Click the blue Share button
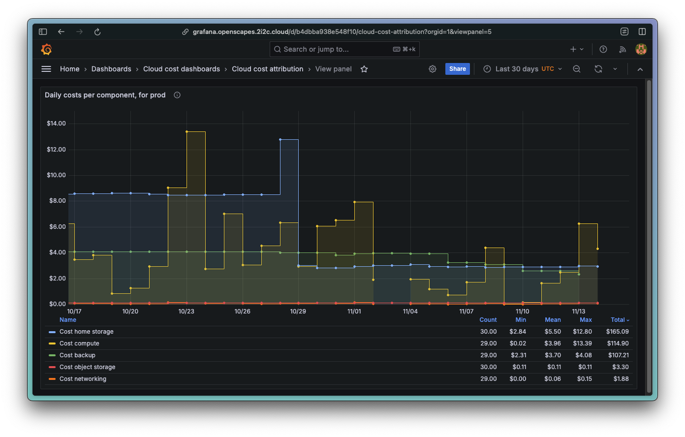coord(457,69)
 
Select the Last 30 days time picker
coord(522,69)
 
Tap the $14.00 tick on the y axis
coord(56,124)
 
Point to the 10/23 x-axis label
coord(186,312)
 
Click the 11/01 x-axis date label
coord(354,312)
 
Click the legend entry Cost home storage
coord(86,332)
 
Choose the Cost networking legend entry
coord(83,379)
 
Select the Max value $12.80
coord(582,332)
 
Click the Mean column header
coord(553,320)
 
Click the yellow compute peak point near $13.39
coord(187,131)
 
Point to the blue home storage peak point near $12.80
coord(280,139)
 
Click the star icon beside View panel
coord(364,69)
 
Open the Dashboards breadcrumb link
coord(111,69)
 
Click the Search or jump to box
coord(344,49)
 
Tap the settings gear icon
coord(433,69)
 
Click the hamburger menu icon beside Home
coord(46,69)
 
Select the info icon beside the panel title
coord(177,95)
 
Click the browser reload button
coord(97,31)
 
